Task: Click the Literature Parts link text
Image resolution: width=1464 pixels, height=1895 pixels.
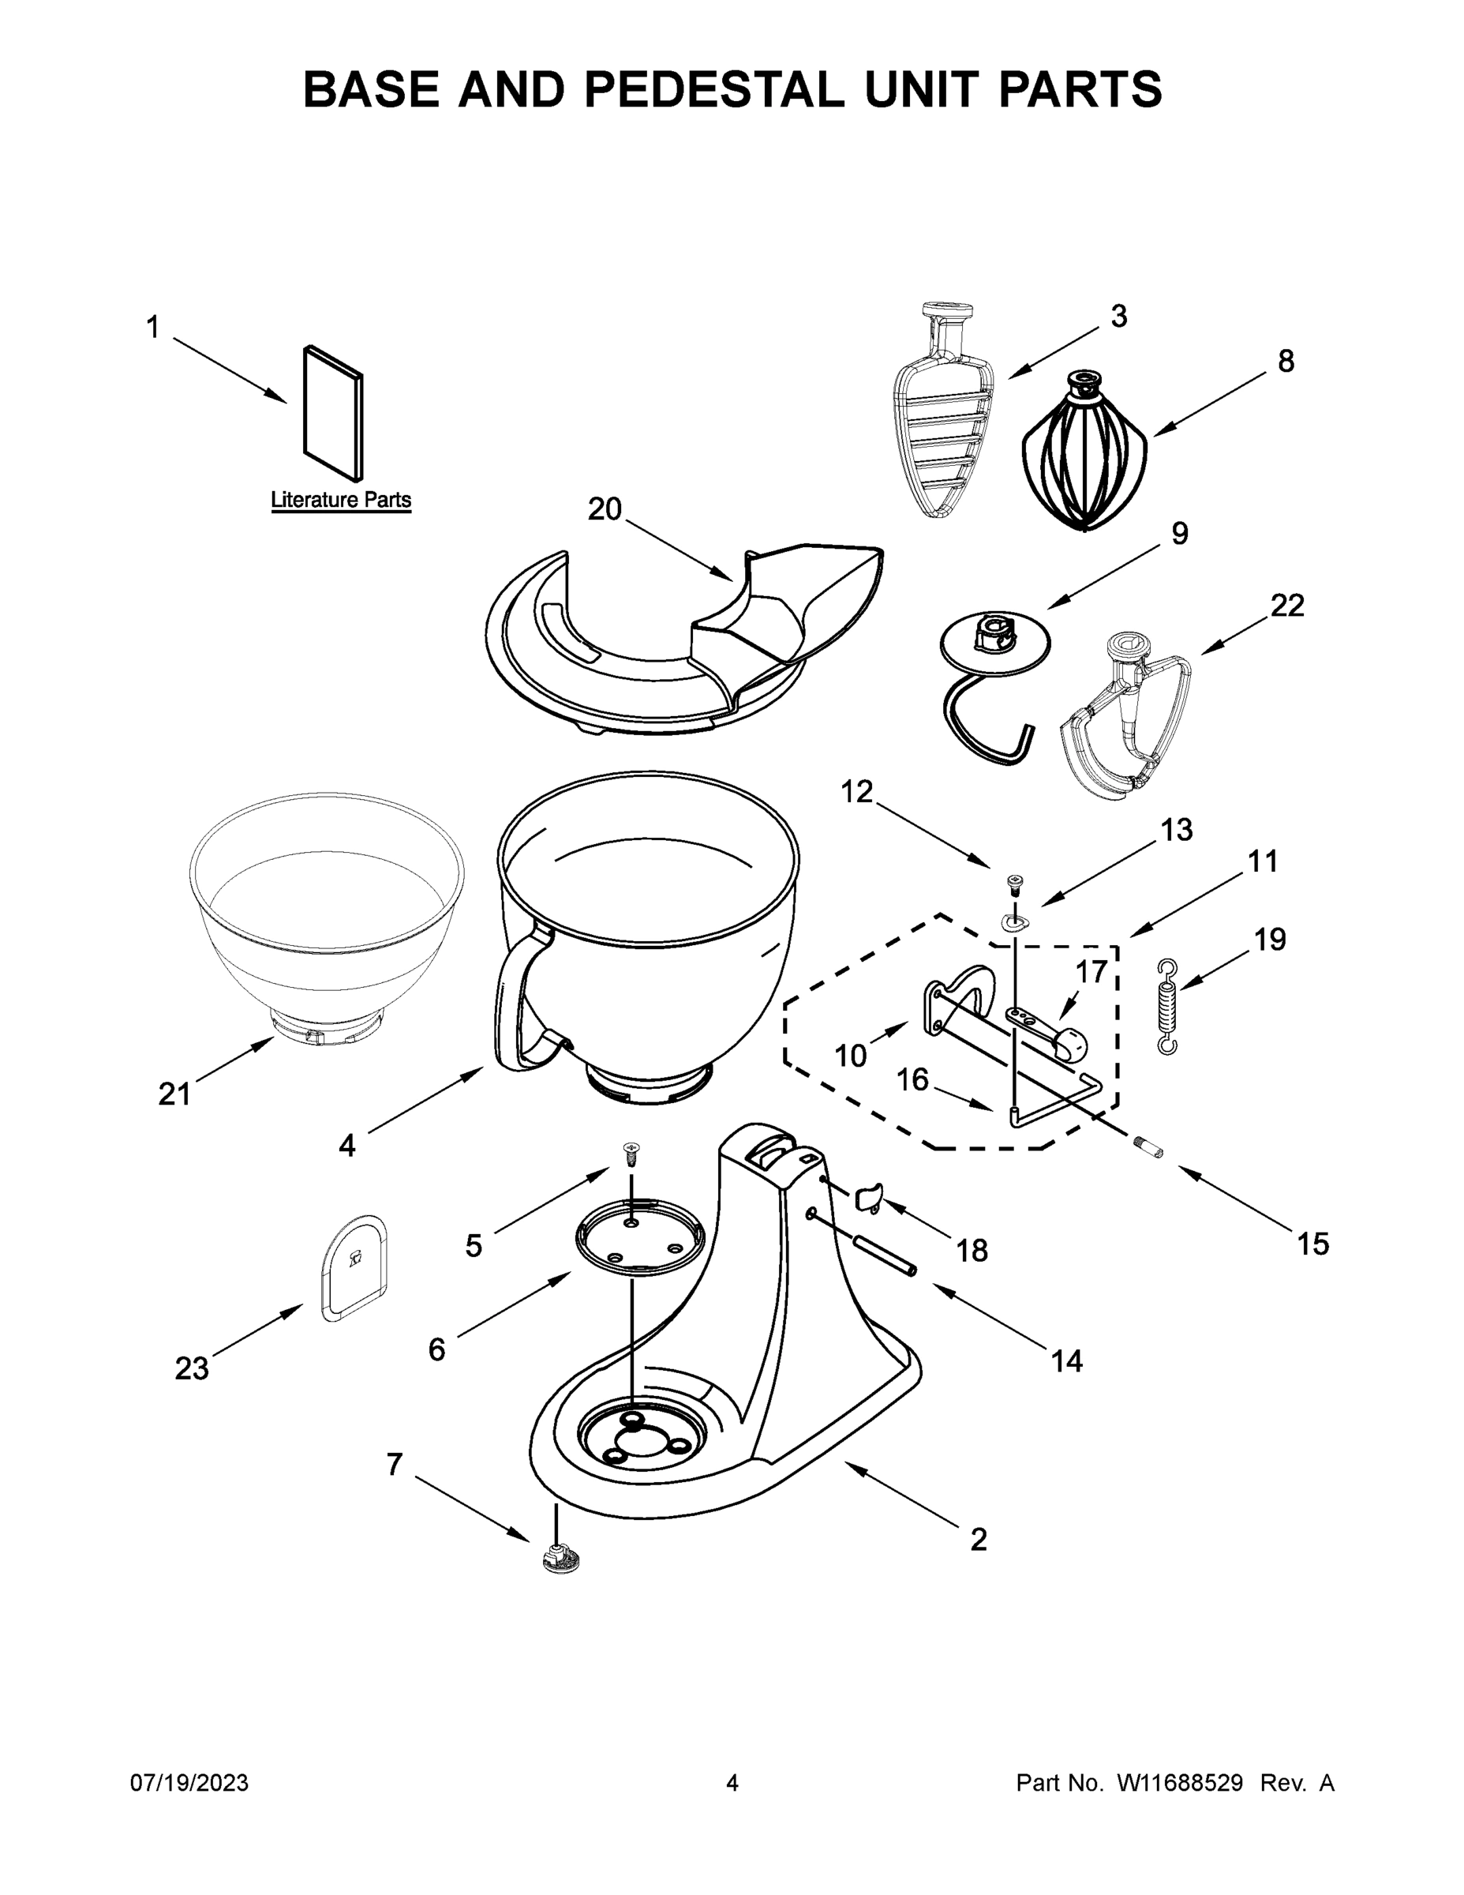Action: tap(341, 501)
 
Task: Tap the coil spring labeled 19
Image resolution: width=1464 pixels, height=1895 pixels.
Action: tap(1168, 1007)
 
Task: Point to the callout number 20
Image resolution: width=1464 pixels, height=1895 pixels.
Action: tap(605, 509)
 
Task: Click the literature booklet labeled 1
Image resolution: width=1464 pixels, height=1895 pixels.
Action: tap(333, 412)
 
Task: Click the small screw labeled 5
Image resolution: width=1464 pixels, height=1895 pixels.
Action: tap(631, 1153)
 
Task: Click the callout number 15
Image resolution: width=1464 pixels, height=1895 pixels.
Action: tap(1312, 1244)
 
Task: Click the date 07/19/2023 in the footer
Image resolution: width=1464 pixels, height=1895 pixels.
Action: tap(189, 1783)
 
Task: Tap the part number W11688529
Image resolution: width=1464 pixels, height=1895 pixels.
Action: tap(1180, 1783)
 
